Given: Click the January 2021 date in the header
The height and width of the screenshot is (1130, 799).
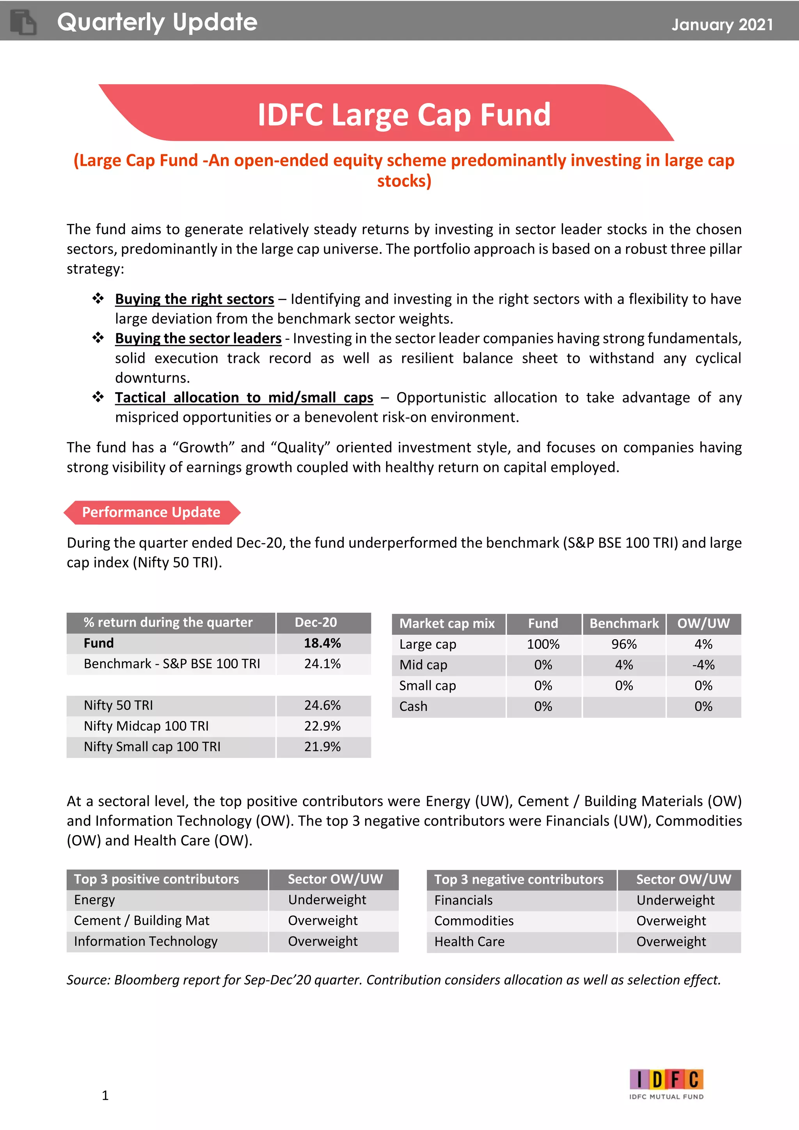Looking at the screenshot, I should click(x=722, y=25).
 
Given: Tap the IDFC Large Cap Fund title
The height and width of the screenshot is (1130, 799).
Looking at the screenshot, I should click(x=403, y=115).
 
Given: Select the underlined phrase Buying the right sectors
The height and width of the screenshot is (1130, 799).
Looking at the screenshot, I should click(x=194, y=299).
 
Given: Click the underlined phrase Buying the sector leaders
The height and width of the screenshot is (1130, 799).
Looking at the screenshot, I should click(x=198, y=339).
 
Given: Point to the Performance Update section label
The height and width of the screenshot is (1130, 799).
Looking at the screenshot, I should click(x=151, y=512).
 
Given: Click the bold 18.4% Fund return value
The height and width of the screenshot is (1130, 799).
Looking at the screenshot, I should click(x=322, y=643).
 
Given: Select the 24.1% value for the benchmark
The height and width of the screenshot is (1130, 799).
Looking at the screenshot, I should click(x=322, y=664).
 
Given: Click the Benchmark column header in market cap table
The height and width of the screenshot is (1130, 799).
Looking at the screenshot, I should click(x=623, y=624).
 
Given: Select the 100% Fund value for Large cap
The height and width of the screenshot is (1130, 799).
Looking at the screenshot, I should click(x=543, y=644).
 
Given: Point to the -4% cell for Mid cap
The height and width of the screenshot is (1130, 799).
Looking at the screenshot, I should click(x=703, y=665).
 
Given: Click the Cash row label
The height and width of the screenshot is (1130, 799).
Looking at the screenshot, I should click(x=413, y=706).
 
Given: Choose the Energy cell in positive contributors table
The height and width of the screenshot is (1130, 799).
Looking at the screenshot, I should click(x=94, y=900).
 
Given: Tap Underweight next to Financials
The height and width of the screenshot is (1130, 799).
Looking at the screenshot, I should click(x=675, y=900).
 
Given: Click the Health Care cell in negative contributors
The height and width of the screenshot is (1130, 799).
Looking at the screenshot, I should click(x=469, y=942).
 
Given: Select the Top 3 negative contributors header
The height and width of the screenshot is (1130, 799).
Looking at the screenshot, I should click(x=518, y=879).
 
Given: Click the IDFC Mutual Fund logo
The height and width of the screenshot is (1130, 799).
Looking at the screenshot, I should click(x=666, y=1083).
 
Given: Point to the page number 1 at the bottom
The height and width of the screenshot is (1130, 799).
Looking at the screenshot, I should click(x=105, y=1096).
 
